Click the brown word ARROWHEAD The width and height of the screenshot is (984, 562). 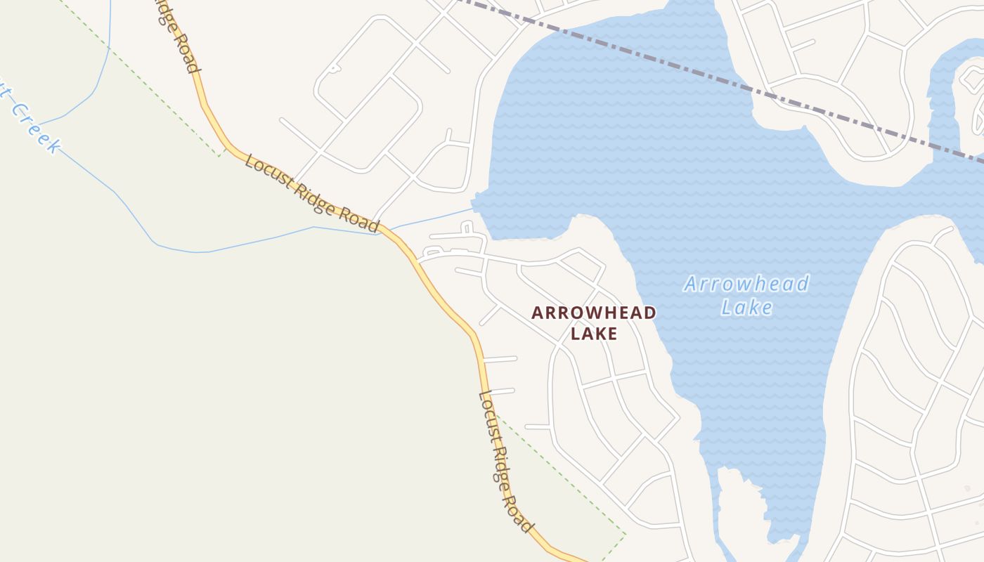pos(593,313)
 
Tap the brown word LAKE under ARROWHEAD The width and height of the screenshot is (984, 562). pos(593,333)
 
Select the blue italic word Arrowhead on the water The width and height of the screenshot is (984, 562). pos(746,285)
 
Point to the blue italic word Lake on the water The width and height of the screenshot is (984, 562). pos(746,307)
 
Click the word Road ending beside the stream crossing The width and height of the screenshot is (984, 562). pos(360,219)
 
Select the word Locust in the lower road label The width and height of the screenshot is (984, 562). pos(489,414)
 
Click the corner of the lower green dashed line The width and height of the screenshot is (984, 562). pos(624,534)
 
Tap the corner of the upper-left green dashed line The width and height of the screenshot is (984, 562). pos(219,155)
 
